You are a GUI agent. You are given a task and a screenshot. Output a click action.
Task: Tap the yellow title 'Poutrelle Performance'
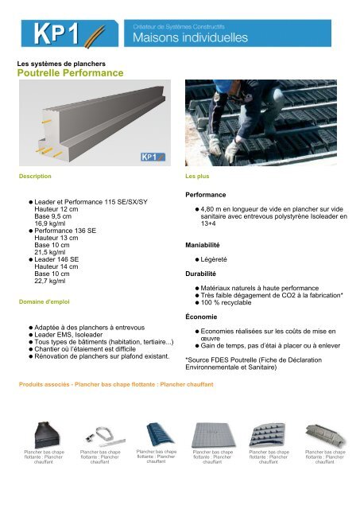pos(70,73)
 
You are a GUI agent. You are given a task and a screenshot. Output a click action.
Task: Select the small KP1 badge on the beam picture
pos(153,157)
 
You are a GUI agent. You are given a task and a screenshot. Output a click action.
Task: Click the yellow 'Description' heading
pos(35,173)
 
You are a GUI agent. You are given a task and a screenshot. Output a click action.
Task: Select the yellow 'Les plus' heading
pos(198,173)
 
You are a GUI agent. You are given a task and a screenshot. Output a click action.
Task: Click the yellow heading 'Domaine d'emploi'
pos(46,301)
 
